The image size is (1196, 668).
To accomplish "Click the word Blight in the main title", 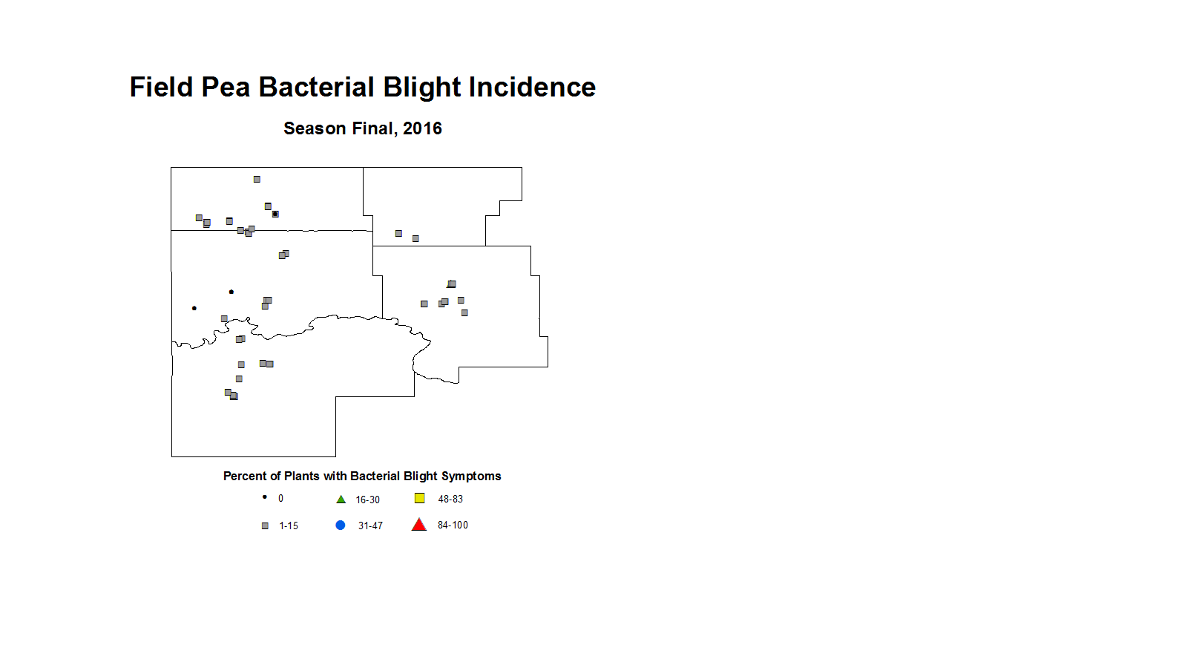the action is click(421, 88).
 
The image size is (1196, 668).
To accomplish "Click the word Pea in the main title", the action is click(226, 88).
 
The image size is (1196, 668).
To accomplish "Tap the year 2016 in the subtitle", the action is click(422, 128).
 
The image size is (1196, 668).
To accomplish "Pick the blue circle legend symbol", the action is click(340, 525).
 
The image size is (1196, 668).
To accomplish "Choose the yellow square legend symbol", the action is click(420, 498).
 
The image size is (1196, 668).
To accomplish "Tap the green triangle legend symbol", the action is click(341, 500).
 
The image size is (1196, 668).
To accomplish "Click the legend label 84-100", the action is click(453, 525).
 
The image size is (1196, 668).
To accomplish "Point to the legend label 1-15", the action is click(289, 526).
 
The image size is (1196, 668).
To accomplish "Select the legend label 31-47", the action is click(370, 526).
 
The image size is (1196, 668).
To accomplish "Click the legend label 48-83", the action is click(450, 500).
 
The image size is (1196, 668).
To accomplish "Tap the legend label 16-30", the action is click(368, 500).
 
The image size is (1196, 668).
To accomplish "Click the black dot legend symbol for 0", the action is click(264, 497).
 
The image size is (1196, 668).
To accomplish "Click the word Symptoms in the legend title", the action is click(475, 477).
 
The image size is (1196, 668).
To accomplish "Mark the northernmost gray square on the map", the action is click(257, 180).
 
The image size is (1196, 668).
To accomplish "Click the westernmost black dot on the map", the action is click(194, 308).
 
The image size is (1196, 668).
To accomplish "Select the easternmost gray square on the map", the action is click(464, 313).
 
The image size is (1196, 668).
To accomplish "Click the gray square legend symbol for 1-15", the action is click(265, 526).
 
